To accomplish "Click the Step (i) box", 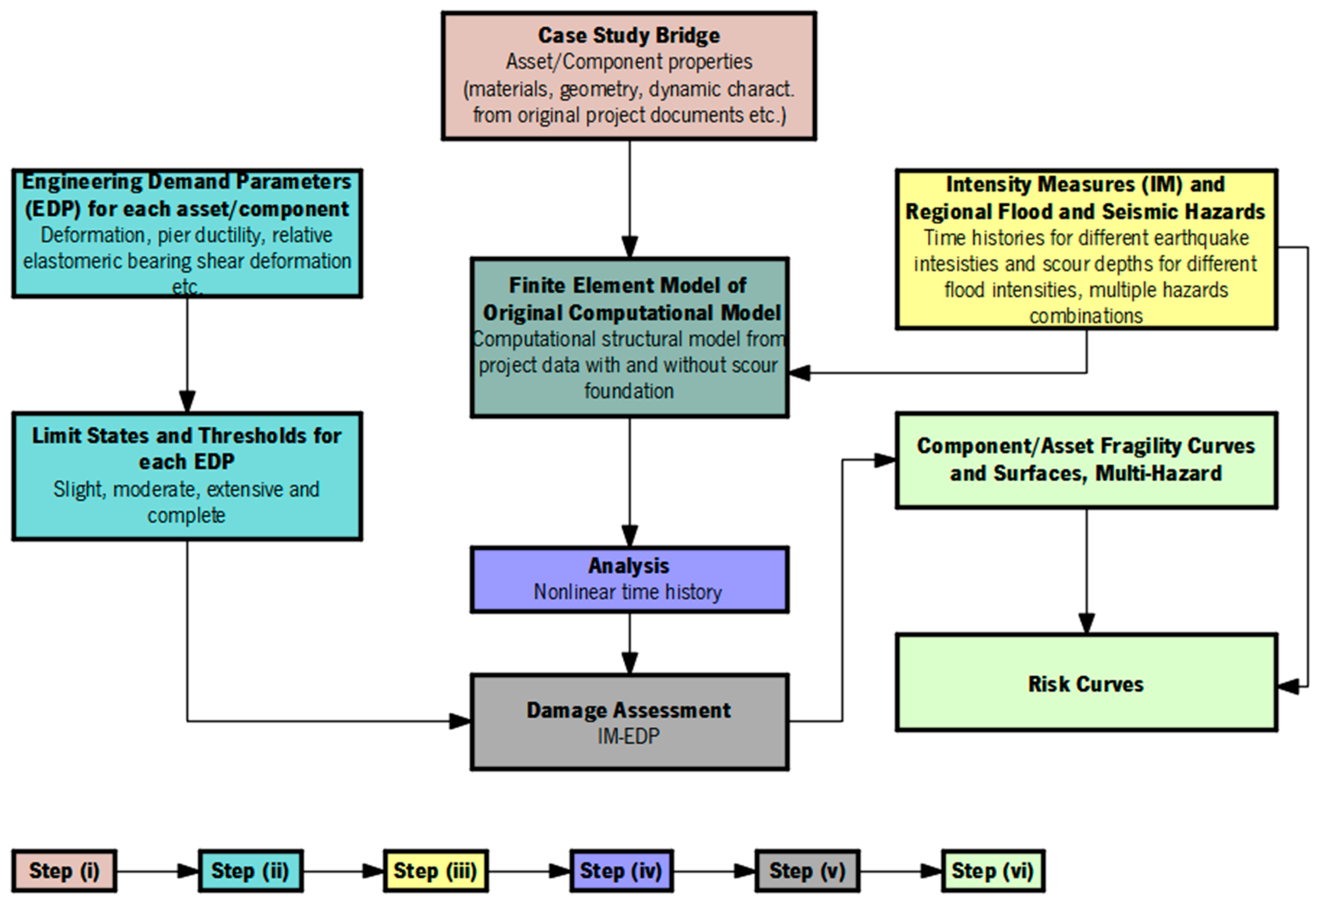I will click(x=64, y=871).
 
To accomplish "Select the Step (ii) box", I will click(x=250, y=871).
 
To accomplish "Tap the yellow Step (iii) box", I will click(x=435, y=871).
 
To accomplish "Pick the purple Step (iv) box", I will click(x=621, y=871).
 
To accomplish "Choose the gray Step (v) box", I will click(x=807, y=871).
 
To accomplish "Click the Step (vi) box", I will click(x=993, y=871).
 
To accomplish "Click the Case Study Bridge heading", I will click(x=629, y=35).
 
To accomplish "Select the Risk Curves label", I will click(x=1086, y=684).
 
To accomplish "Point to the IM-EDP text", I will click(x=629, y=736).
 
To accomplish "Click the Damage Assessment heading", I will click(x=629, y=710).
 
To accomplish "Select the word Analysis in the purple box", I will click(x=629, y=566).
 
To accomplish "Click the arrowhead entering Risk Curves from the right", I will click(x=1288, y=687).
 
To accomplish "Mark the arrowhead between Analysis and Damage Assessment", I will click(x=629, y=663).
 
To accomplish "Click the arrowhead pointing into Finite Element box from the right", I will click(x=800, y=373).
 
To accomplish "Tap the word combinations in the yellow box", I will click(x=1086, y=316).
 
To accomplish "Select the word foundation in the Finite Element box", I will click(x=629, y=391).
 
